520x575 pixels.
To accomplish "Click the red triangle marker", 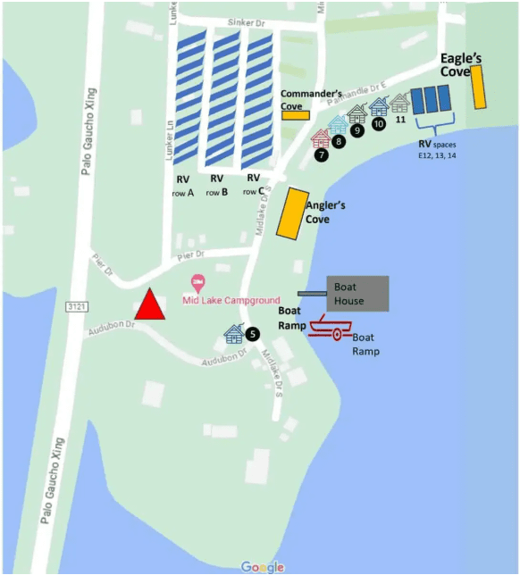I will (151, 305).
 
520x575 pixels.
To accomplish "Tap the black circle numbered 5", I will (253, 334).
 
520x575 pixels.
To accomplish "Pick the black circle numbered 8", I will (339, 141).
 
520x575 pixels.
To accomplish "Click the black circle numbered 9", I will (357, 130).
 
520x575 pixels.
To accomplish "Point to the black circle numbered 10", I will (379, 124).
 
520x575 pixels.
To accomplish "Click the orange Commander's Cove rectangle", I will (295, 114).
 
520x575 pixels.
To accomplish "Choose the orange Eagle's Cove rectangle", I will (480, 86).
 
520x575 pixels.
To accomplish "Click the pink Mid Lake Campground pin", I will (198, 282).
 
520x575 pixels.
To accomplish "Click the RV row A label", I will (184, 185).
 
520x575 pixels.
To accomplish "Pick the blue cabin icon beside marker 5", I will (234, 334).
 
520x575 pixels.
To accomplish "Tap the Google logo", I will (262, 567).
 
